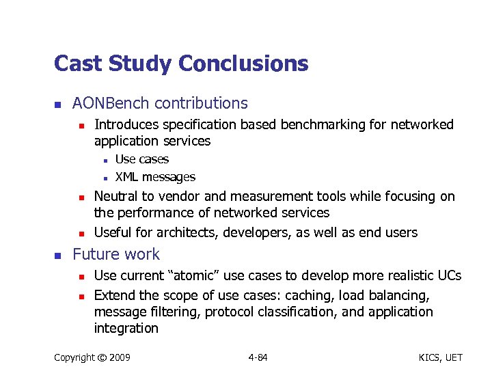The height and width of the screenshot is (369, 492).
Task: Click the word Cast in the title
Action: [x=77, y=64]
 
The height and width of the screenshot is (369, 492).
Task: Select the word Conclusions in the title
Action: [x=243, y=64]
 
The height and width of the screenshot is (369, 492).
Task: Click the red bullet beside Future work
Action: [x=59, y=255]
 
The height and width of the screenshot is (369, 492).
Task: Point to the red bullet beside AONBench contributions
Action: [x=59, y=105]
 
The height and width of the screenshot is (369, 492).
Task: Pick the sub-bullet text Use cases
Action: [x=141, y=159]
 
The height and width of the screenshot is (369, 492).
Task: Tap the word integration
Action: [x=126, y=328]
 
